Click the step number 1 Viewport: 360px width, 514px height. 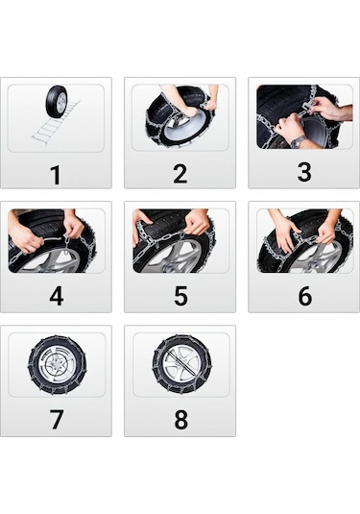coord(56,174)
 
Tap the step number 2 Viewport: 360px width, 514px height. coord(180,174)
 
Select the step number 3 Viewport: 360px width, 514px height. coord(303,174)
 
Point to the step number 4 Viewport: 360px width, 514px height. coord(56,297)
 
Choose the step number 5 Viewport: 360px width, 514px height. coord(180,297)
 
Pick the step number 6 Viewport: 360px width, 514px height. coord(303,297)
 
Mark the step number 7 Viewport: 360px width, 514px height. coord(56,421)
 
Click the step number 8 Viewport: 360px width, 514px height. coord(180,421)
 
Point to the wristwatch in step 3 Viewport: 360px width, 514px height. coord(299,141)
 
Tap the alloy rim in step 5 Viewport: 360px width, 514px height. coord(177,259)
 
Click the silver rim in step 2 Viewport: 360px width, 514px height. coord(182,130)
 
